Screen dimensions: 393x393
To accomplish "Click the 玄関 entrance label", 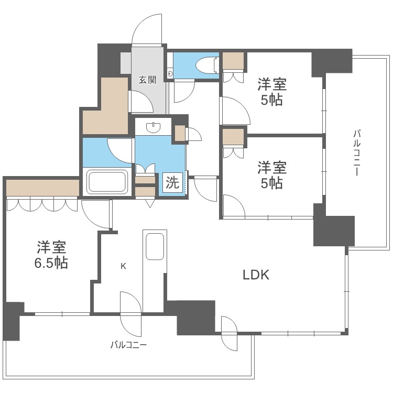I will pos(147,80).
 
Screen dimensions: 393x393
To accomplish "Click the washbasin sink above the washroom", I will pos(154,126).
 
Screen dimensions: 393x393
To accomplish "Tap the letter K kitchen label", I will pos(123,266).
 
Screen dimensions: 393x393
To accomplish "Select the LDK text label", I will pos(255,275).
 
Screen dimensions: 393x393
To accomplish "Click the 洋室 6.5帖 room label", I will pos(51,254).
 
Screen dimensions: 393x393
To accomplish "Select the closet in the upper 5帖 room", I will pos(233,62).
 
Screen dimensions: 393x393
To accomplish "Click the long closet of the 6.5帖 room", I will pos(42,187).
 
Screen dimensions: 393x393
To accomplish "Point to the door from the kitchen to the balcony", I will pos(129,314).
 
